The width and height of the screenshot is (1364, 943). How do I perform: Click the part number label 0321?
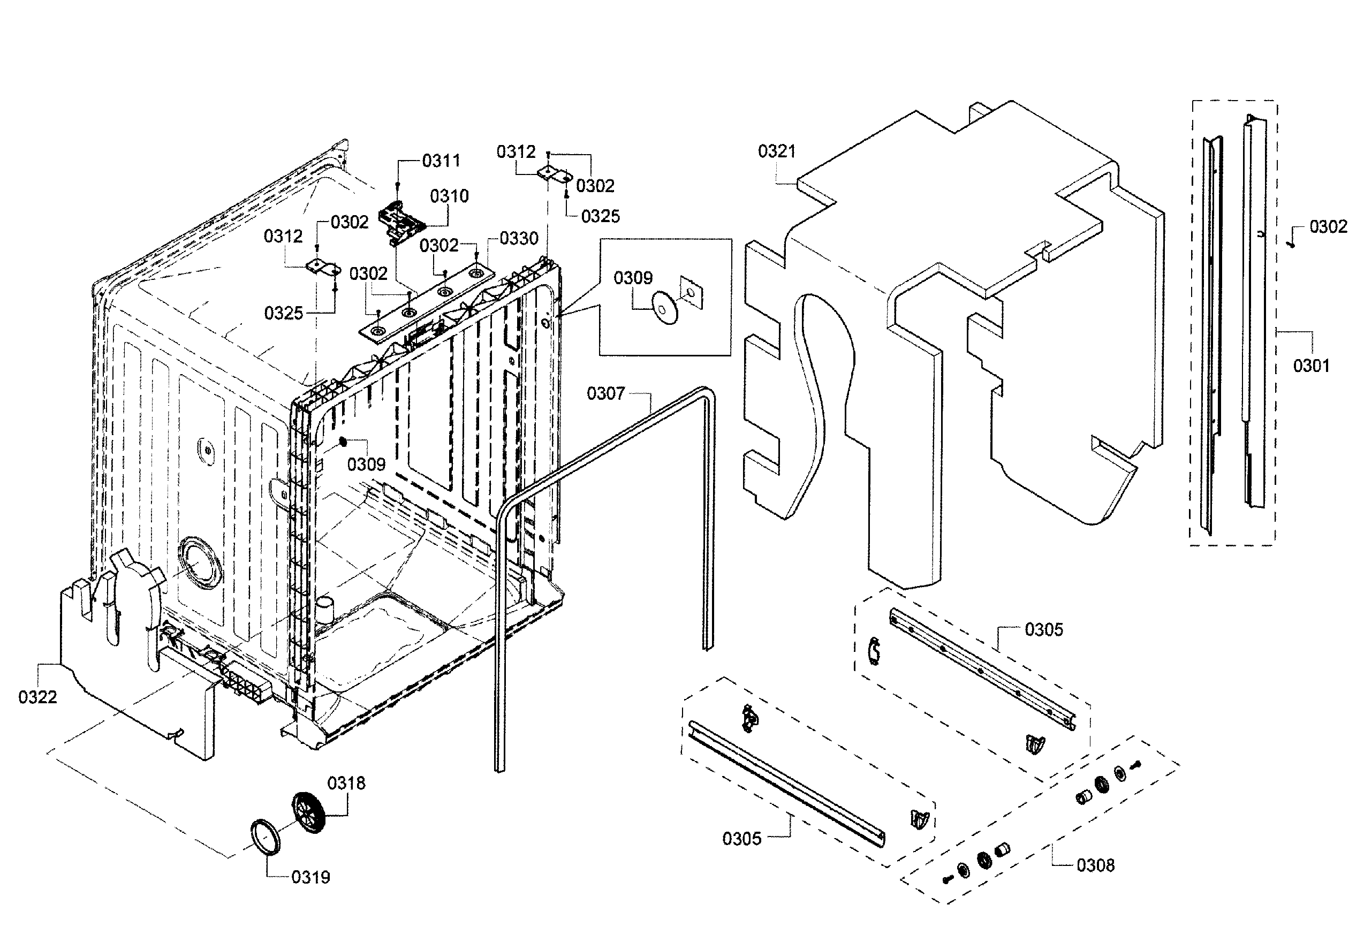coord(777,151)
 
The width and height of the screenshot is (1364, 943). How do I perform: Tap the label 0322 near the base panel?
coord(37,697)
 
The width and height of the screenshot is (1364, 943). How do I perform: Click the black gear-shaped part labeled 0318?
coord(309,812)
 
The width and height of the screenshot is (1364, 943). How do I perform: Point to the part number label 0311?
coord(441,161)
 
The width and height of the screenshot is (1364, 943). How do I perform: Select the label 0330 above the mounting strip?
coord(519,238)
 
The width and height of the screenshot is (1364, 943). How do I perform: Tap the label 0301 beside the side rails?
coord(1311,366)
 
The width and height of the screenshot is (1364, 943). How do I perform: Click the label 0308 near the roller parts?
coord(1095,865)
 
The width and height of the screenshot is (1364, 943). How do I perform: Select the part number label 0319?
coord(310,877)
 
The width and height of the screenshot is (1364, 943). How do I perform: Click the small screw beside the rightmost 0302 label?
coord(1292,244)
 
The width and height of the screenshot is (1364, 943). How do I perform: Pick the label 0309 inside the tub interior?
coord(366,465)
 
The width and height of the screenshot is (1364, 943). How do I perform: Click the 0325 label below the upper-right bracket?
coord(601,216)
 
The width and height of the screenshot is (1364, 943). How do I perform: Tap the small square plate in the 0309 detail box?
coord(692,292)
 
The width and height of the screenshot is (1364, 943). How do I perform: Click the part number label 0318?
coord(346,784)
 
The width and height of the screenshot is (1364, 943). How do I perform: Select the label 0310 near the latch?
coord(449,196)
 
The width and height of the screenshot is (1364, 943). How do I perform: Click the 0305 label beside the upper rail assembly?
coord(1044,629)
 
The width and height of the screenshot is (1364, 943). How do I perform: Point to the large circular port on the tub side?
coord(200,562)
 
